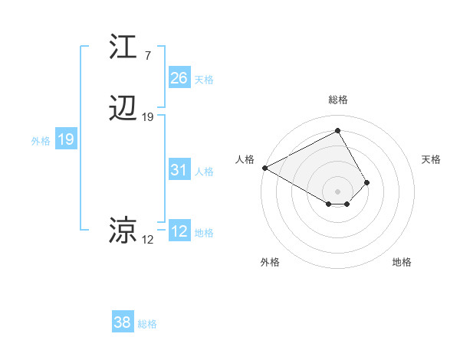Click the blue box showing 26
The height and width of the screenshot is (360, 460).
click(x=179, y=77)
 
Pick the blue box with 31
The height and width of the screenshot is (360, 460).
click(x=179, y=170)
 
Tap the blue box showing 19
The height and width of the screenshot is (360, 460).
click(x=65, y=139)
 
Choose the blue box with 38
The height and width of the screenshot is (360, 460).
click(x=122, y=322)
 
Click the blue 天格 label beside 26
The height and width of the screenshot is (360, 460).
click(x=204, y=79)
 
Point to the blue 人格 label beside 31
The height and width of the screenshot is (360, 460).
click(x=204, y=172)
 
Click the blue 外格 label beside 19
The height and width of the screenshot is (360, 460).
click(x=41, y=141)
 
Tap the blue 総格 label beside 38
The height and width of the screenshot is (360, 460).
click(x=147, y=324)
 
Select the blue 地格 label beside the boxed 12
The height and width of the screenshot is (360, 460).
click(x=204, y=233)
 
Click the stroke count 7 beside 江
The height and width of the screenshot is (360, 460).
click(x=147, y=56)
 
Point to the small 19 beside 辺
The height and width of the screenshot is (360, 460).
click(x=148, y=117)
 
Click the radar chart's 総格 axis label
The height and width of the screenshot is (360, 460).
click(x=338, y=100)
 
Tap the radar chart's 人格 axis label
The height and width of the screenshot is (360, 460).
click(x=245, y=159)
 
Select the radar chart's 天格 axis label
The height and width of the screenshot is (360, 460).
click(x=431, y=159)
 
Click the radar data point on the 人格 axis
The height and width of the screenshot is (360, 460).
click(x=264, y=167)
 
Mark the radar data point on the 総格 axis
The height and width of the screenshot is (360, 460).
click(x=338, y=131)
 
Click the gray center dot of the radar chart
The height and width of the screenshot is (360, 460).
click(x=338, y=191)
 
